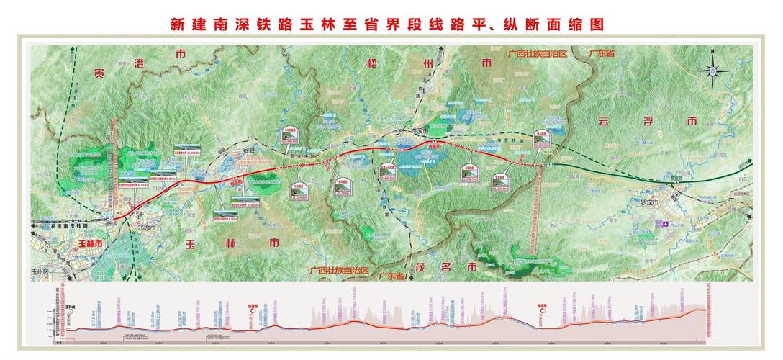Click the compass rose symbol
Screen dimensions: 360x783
712,70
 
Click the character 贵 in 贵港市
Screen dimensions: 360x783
94,73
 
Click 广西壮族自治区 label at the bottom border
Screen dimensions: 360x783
338,271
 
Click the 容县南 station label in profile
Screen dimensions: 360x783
253,305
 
